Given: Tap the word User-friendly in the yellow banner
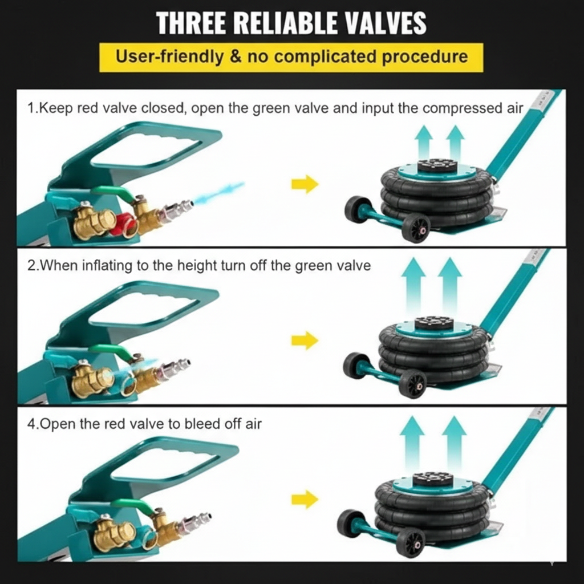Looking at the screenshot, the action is click(170, 56).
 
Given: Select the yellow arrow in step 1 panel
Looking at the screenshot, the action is click(305, 184).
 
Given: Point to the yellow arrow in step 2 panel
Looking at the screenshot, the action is click(305, 340).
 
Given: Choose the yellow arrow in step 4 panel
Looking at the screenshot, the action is click(305, 499).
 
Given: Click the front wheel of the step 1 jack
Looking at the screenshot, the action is click(416, 228).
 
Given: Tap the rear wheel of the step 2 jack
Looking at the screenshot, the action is click(356, 366).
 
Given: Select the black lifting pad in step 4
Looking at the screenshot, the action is click(433, 479).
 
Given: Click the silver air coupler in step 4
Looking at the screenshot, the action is click(196, 521).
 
